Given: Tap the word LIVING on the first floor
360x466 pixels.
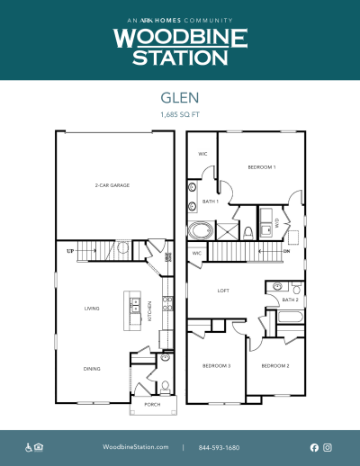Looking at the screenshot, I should click(91, 309).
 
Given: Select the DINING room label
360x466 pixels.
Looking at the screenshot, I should click(92, 369).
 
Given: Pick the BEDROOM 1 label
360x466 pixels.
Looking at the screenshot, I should click(262, 167).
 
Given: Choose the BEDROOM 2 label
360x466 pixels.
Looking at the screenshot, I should click(274, 366).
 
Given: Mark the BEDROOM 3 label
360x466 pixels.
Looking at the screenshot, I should click(217, 366).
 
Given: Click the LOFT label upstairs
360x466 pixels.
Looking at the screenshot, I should click(224, 291).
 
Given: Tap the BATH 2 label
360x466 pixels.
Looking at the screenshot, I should click(290, 300).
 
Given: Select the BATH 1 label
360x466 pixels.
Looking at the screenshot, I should click(211, 202).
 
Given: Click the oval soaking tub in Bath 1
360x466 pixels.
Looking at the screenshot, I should click(199, 231).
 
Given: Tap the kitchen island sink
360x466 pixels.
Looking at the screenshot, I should click(132, 300).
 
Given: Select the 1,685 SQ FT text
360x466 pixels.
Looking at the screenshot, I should click(180, 116).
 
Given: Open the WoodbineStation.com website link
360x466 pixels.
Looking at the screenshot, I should click(136, 447).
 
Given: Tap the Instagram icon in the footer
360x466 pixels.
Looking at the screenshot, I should click(328, 447).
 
